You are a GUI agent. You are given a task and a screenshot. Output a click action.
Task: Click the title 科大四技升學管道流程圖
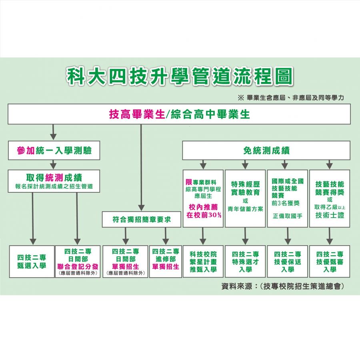[x=180, y=76]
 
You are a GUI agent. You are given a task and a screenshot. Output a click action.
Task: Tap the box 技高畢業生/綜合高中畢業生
[x=179, y=114]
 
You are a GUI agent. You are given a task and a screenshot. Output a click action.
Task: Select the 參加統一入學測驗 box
[x=54, y=150]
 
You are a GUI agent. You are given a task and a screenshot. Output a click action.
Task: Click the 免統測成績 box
[x=266, y=150]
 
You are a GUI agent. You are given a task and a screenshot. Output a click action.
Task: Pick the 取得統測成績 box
[x=54, y=181]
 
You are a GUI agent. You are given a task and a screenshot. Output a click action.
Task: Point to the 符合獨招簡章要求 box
[x=142, y=220]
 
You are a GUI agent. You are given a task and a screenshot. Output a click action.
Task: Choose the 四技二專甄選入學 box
[x=32, y=262]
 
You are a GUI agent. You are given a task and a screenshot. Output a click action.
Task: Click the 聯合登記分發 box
[x=78, y=262]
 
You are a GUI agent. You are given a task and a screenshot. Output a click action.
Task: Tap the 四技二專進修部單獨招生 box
[x=166, y=262]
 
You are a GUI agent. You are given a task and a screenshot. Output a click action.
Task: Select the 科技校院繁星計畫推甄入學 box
[x=203, y=262]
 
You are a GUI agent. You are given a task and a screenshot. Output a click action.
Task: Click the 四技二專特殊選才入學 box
[x=245, y=262]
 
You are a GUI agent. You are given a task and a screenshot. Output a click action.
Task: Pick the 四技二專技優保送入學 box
[x=288, y=262]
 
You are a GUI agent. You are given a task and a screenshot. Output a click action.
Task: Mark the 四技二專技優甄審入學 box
[x=330, y=262]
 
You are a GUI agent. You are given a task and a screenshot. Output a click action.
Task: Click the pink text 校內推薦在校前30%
[x=204, y=211]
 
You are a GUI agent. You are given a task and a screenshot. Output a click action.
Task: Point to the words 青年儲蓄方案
[x=245, y=209]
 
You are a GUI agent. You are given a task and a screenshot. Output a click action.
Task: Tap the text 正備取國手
[x=288, y=216]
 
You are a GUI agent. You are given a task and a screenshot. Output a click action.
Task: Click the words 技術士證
[x=330, y=215]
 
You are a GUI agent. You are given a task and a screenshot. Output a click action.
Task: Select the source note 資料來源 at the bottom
[x=283, y=286]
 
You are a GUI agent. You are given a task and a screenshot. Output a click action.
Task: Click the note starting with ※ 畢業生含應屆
[x=291, y=98]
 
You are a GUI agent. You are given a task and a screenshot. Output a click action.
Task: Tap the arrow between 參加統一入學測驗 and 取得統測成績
[x=54, y=165]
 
